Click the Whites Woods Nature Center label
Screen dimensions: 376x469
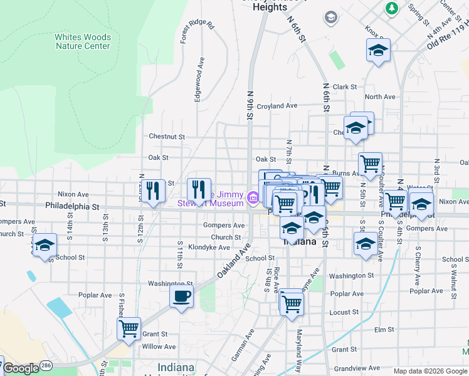(83, 41)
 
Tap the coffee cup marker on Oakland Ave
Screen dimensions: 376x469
(182, 296)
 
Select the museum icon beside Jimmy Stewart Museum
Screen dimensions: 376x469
(253, 198)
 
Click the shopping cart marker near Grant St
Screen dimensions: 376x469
(129, 328)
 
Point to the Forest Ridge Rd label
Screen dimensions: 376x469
(197, 33)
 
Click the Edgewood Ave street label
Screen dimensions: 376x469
(200, 80)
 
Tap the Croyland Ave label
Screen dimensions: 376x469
(277, 106)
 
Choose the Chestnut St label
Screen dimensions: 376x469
(167, 136)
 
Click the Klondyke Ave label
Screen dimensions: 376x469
(209, 248)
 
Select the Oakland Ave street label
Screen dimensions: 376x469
(233, 262)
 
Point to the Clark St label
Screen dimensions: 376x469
(345, 87)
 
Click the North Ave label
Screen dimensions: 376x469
(380, 97)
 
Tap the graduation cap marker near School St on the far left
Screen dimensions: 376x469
(45, 245)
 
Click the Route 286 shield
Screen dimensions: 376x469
(46, 364)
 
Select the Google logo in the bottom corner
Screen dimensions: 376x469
(21, 368)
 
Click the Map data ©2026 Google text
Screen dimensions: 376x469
(430, 371)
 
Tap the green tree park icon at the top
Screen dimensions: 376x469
(392, 8)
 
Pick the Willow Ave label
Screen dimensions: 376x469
(159, 347)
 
